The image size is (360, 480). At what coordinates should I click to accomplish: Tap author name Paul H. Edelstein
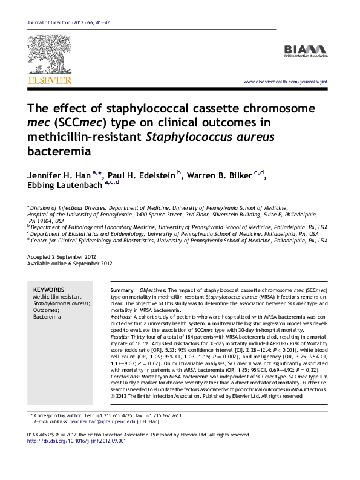click(144, 175)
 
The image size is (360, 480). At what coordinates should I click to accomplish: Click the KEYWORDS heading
click(48, 290)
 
